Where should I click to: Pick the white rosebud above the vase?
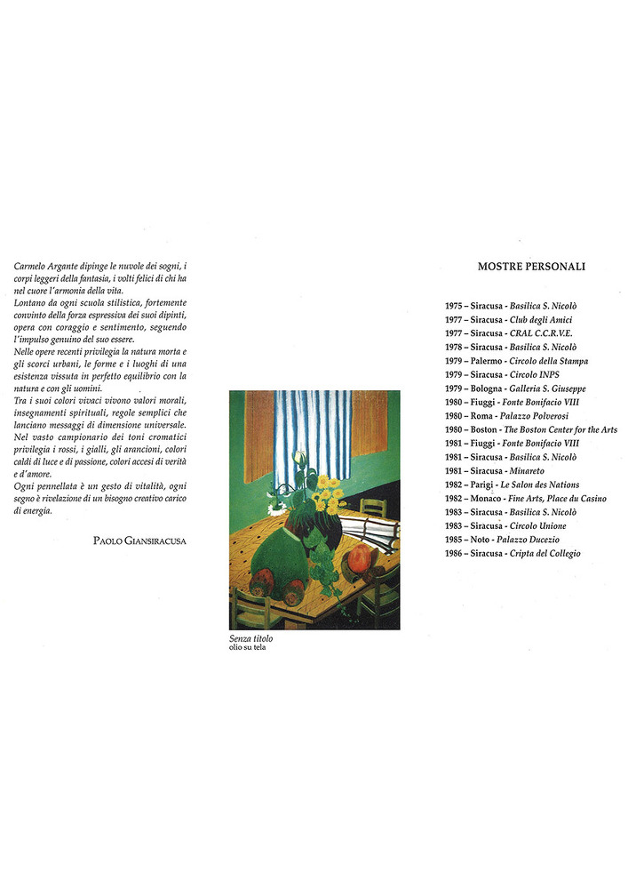299,457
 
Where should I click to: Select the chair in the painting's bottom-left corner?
250,609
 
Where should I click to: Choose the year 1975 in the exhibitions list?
456,306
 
